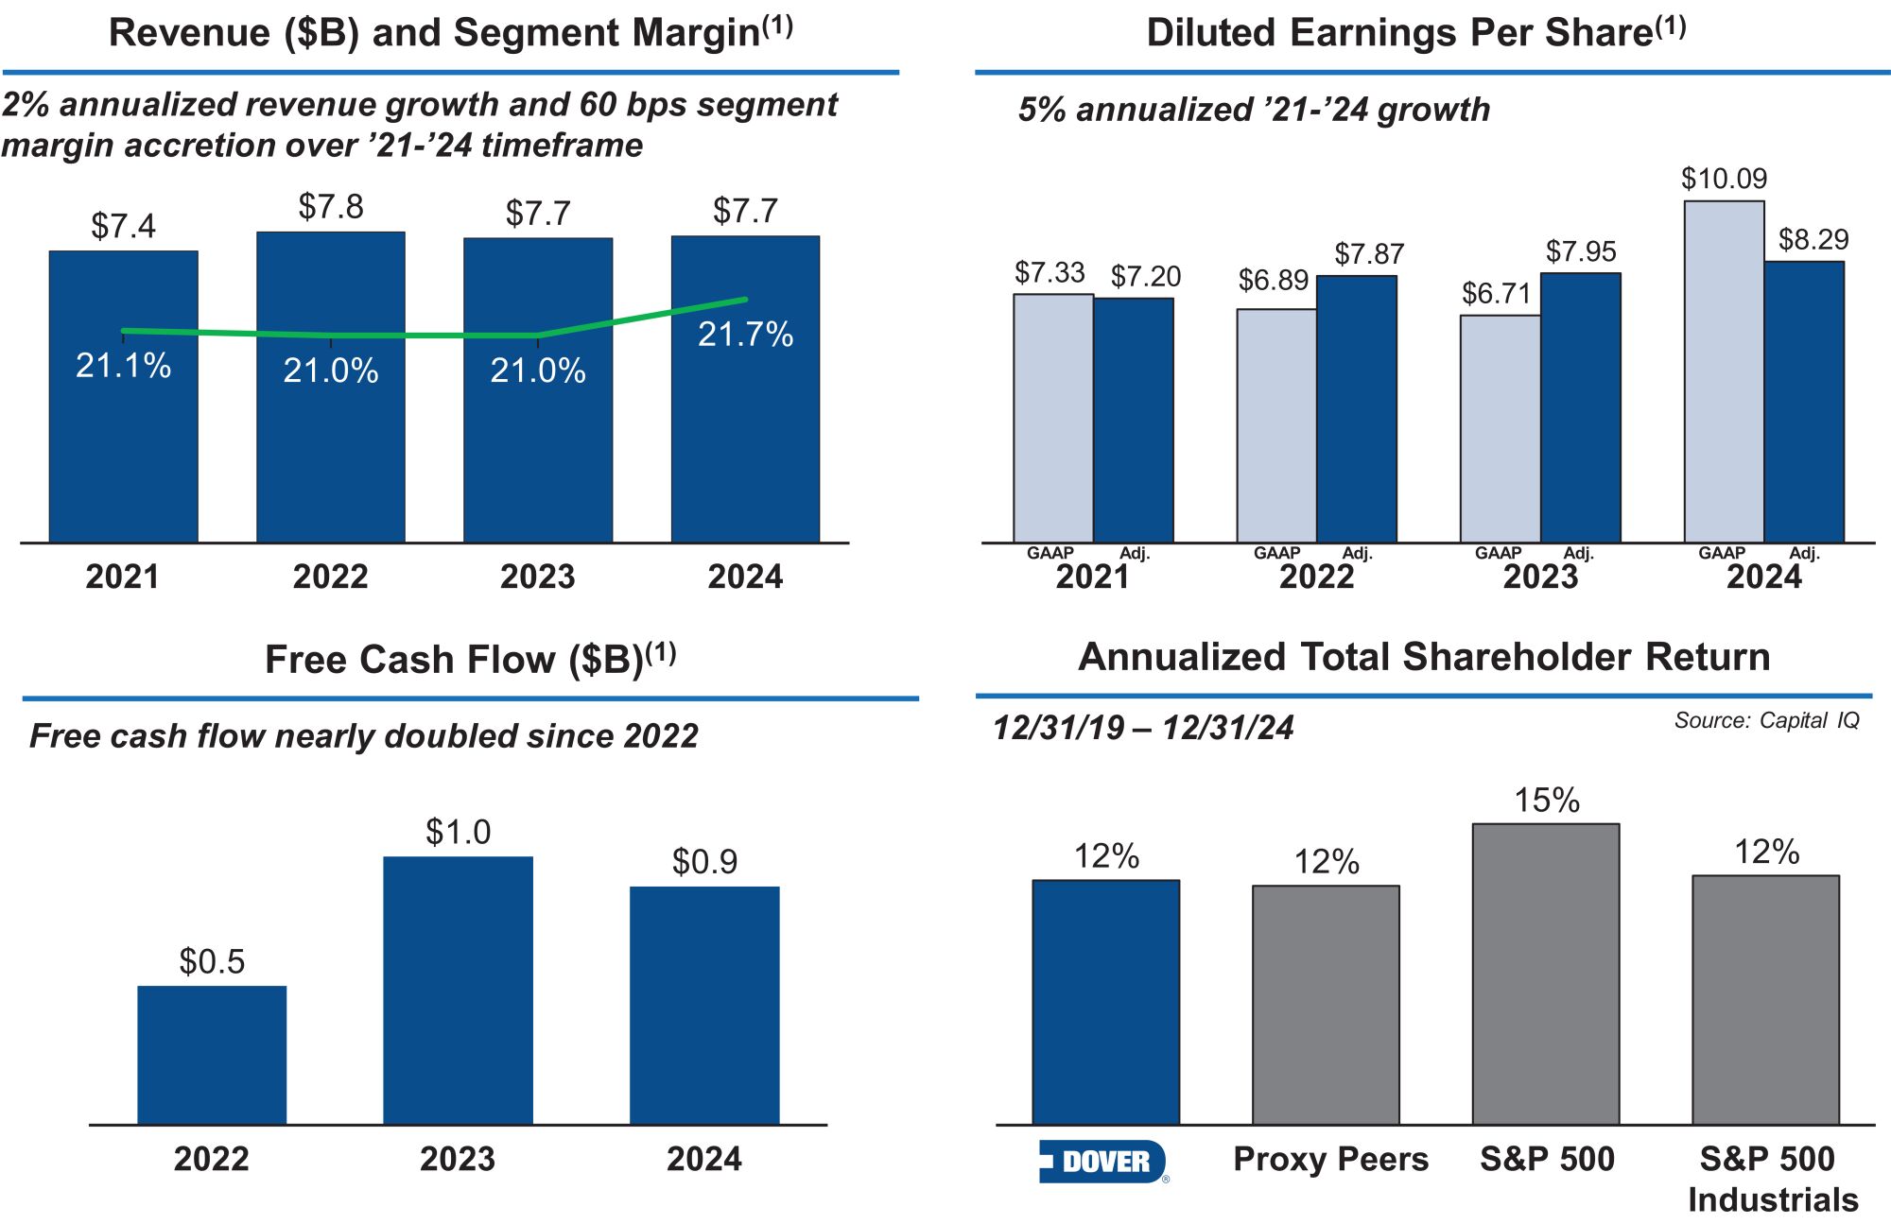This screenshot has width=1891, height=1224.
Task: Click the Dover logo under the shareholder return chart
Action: pyautogui.click(x=1102, y=1162)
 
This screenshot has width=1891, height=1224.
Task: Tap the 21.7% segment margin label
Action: pyautogui.click(x=745, y=335)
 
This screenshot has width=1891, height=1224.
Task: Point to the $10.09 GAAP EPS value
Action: pyautogui.click(x=1724, y=179)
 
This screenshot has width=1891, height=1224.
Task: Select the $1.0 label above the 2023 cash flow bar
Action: pyautogui.click(x=458, y=832)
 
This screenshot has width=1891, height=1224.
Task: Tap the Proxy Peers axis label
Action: pyautogui.click(x=1330, y=1159)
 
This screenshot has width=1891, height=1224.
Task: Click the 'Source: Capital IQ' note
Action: pyautogui.click(x=1766, y=720)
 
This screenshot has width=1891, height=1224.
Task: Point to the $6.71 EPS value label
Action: pyautogui.click(x=1496, y=293)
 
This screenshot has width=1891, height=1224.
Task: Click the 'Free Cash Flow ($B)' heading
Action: pyautogui.click(x=470, y=659)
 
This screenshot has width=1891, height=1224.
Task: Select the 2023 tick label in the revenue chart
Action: pyautogui.click(x=537, y=577)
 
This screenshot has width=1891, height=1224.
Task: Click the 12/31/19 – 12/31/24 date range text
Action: pyautogui.click(x=1143, y=728)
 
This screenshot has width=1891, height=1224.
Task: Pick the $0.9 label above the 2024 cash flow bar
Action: pyautogui.click(x=704, y=861)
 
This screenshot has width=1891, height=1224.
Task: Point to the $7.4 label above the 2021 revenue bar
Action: pyautogui.click(x=123, y=226)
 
